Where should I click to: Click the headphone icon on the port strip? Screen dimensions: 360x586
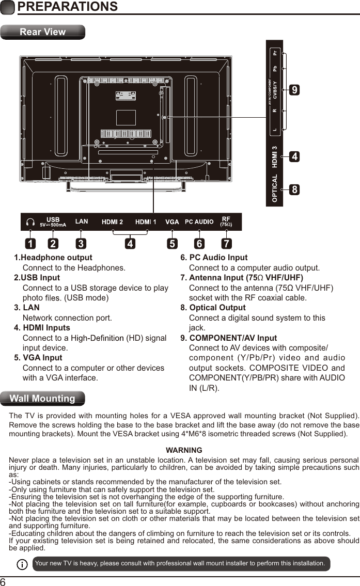tap(30, 222)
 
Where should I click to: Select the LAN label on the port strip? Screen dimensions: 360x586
tap(82, 221)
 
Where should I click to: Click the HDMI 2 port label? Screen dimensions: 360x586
tap(112, 222)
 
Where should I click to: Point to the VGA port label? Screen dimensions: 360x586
tap(172, 222)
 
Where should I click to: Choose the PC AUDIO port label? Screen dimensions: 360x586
tap(199, 222)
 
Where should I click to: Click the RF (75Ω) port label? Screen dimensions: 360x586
tap(226, 222)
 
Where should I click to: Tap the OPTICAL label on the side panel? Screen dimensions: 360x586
tap(275, 188)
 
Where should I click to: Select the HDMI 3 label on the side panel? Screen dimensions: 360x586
tap(275, 157)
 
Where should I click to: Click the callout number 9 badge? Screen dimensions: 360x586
tap(294, 90)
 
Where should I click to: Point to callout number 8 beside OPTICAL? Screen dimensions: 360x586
tap(294, 189)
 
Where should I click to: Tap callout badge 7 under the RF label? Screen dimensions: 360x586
tap(226, 243)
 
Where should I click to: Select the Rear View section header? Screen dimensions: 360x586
tap(42, 32)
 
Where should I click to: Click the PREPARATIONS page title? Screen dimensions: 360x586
tap(67, 7)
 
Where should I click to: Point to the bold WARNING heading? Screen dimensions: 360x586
tap(184, 450)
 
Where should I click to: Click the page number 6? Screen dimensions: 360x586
tap(4, 581)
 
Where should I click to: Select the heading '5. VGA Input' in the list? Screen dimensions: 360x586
tap(38, 358)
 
